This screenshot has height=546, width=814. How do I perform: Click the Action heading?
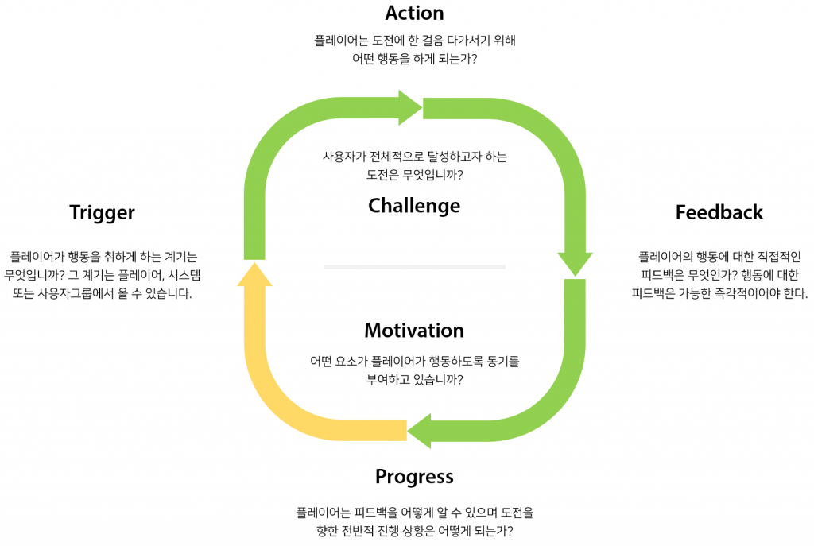(414, 14)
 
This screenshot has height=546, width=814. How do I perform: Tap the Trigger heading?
(102, 213)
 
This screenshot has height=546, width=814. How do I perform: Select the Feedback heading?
(719, 213)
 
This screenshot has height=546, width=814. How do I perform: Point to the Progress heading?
(414, 477)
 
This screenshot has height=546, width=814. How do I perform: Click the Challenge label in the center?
(414, 206)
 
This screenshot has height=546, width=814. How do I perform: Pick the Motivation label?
(414, 331)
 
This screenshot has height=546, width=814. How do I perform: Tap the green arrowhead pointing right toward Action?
(410, 107)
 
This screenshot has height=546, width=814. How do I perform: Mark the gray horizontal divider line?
(414, 267)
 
